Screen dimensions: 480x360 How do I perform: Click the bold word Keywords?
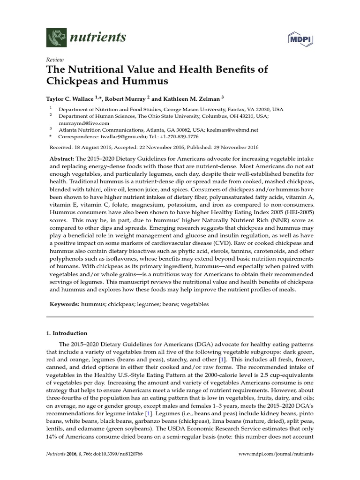(x=65, y=304)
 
